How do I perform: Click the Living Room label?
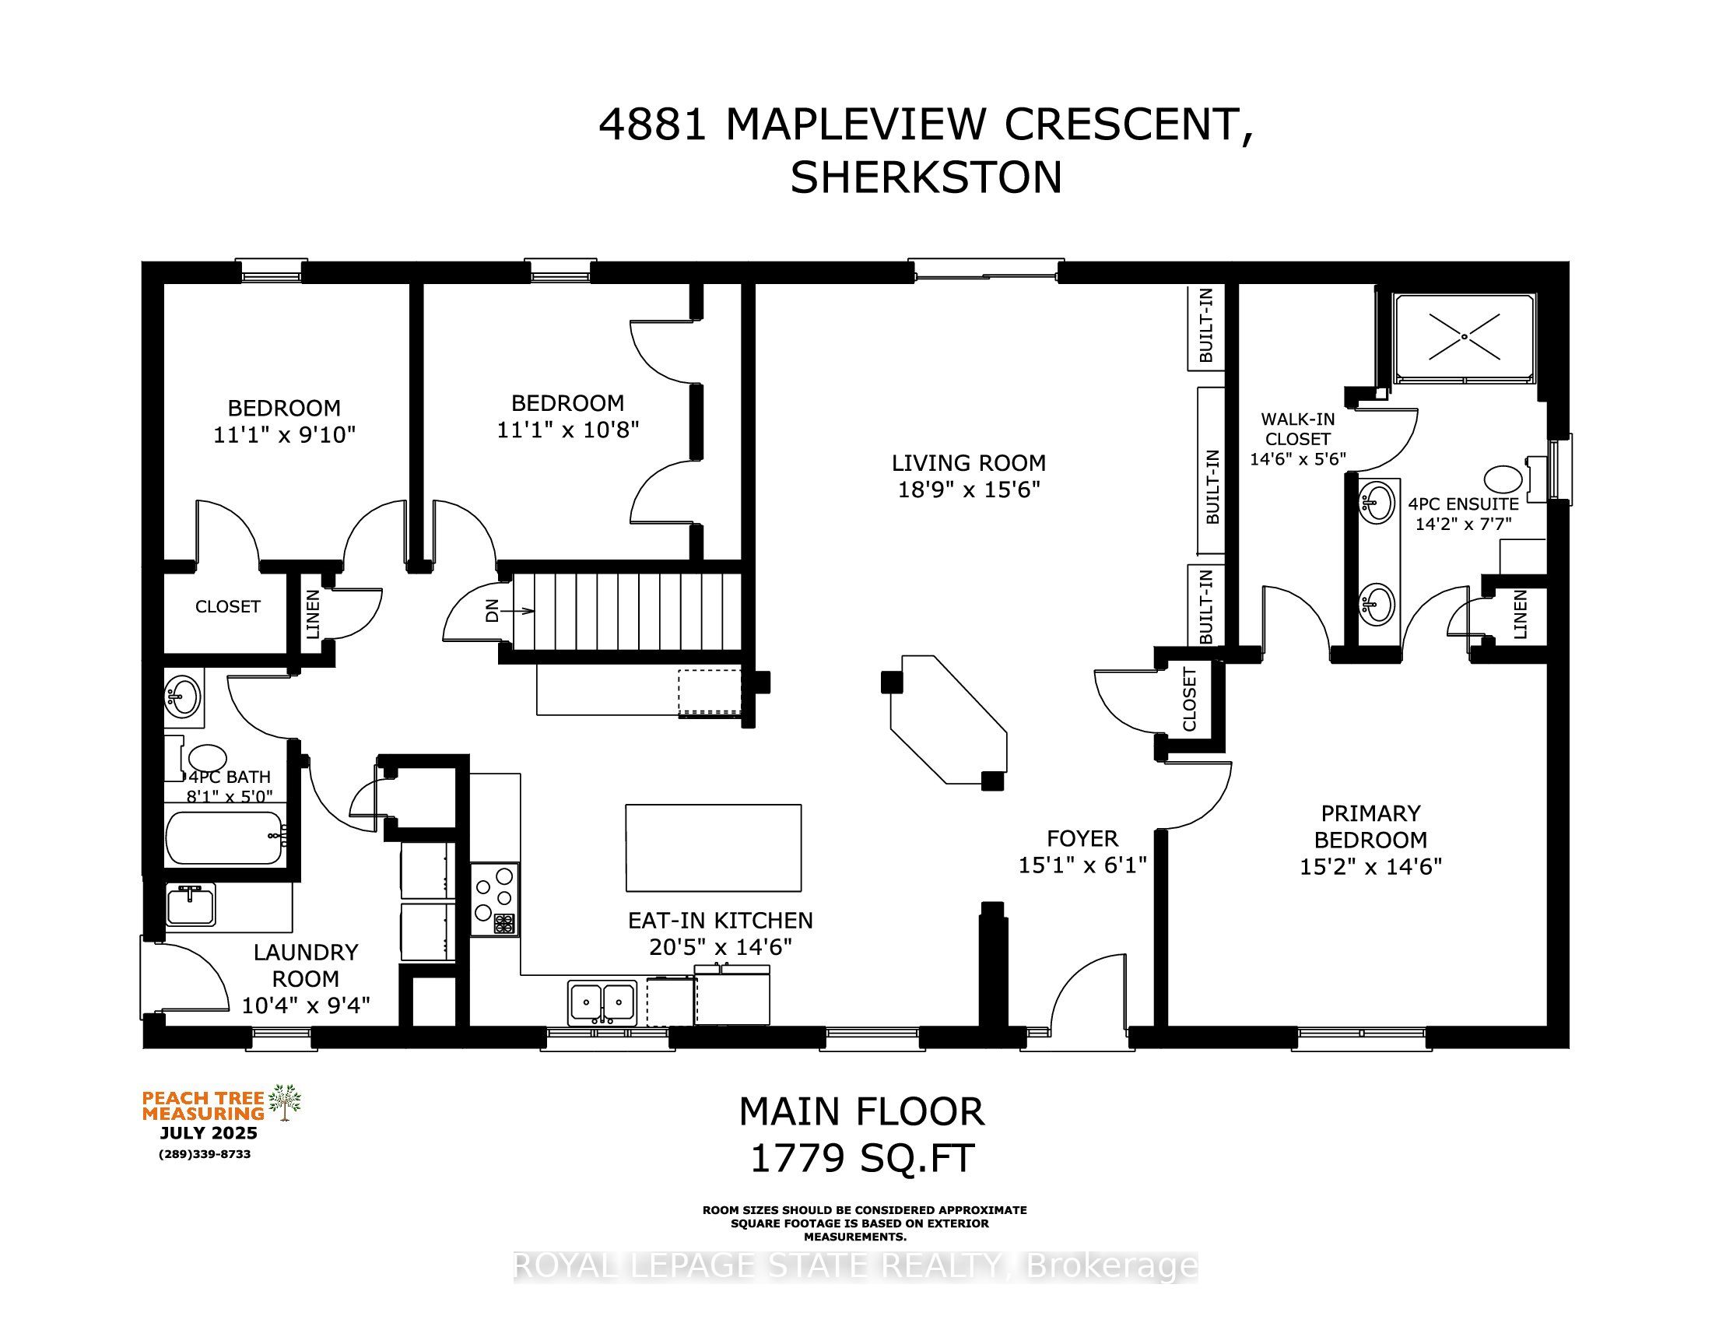pyautogui.click(x=969, y=462)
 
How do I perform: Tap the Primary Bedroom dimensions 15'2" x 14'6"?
pyautogui.click(x=1371, y=866)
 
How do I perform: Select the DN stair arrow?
pyautogui.click(x=517, y=611)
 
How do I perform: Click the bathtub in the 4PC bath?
pyautogui.click(x=224, y=837)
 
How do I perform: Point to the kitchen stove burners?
pyautogui.click(x=495, y=898)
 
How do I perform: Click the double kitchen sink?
pyautogui.click(x=602, y=1002)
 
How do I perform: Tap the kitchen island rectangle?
pyautogui.click(x=714, y=847)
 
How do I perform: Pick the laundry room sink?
pyautogui.click(x=191, y=905)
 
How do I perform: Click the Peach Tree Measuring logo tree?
pyautogui.click(x=285, y=1102)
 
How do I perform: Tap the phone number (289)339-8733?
pyautogui.click(x=205, y=1154)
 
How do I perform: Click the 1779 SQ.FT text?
pyautogui.click(x=862, y=1158)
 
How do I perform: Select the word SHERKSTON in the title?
pyautogui.click(x=926, y=178)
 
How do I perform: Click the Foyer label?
pyautogui.click(x=1082, y=839)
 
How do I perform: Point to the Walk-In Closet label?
pyautogui.click(x=1297, y=429)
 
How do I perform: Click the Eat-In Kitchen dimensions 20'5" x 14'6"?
pyautogui.click(x=721, y=947)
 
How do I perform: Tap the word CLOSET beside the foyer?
pyautogui.click(x=1189, y=699)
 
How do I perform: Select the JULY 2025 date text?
pyautogui.click(x=209, y=1133)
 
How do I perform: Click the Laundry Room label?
pyautogui.click(x=306, y=965)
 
